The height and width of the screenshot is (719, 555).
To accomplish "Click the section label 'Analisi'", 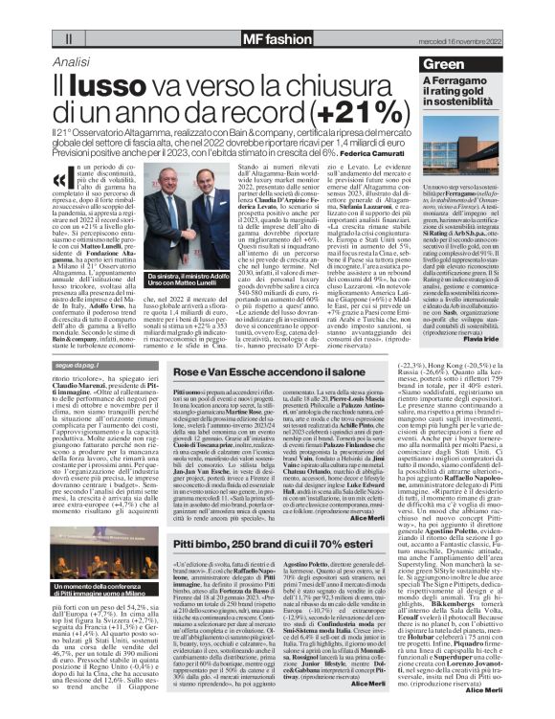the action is [73, 61].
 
